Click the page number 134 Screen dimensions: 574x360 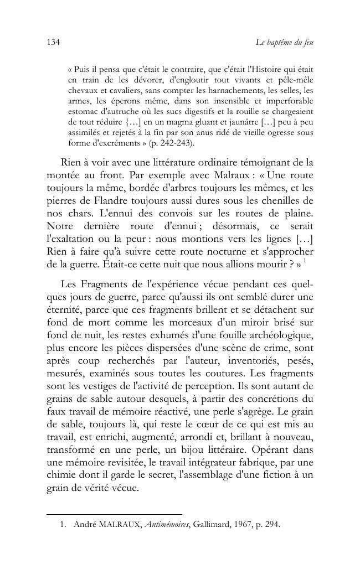(x=53, y=43)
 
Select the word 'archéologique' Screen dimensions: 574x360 (x=276, y=334)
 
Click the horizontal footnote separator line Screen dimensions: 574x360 (x=114, y=514)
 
